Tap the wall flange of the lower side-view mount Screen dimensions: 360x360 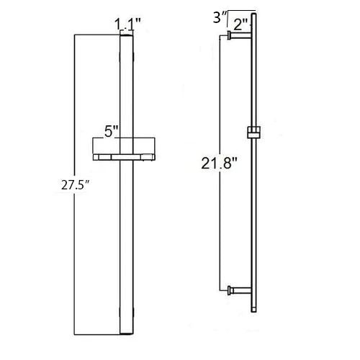coord(230,291)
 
